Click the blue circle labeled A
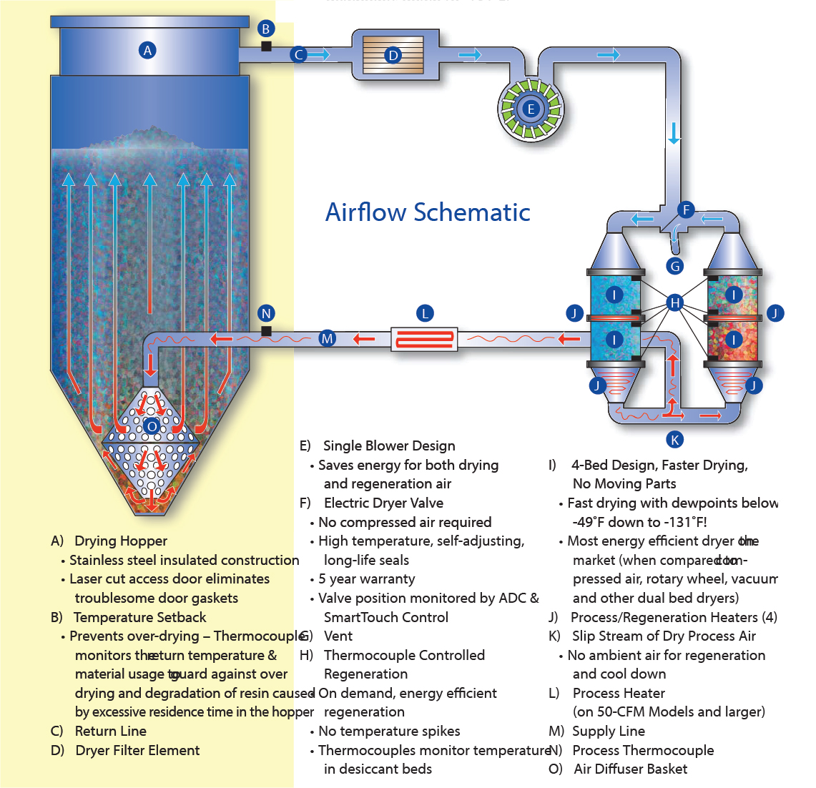coord(148,50)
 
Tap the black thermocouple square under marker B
coord(266,46)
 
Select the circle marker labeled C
coord(299,54)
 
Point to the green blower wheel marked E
coord(531,109)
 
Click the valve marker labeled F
coord(686,210)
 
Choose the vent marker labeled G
coord(674,266)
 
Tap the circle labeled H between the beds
coord(674,303)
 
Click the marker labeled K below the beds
coord(674,439)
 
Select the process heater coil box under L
coord(425,338)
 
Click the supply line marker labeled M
coord(327,338)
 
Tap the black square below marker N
coord(266,331)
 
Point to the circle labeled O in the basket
coord(151,427)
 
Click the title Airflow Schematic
coord(428,212)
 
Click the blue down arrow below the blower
coord(674,132)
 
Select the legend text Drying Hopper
coord(121,541)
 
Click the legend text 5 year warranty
coord(366,579)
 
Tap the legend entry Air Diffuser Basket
coord(630,769)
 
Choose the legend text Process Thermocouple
coord(643,750)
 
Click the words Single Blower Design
coord(389,446)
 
